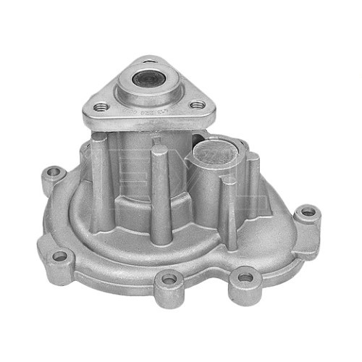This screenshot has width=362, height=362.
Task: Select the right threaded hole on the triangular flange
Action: tap(195, 105)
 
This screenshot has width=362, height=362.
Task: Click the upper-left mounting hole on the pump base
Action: tap(52, 174)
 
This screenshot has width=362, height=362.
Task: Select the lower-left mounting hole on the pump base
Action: tap(59, 256)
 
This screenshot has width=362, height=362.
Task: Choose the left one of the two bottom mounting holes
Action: tap(169, 279)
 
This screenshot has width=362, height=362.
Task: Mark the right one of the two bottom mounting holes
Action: tap(245, 277)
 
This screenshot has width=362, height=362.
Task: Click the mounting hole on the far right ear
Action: tap(308, 212)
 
